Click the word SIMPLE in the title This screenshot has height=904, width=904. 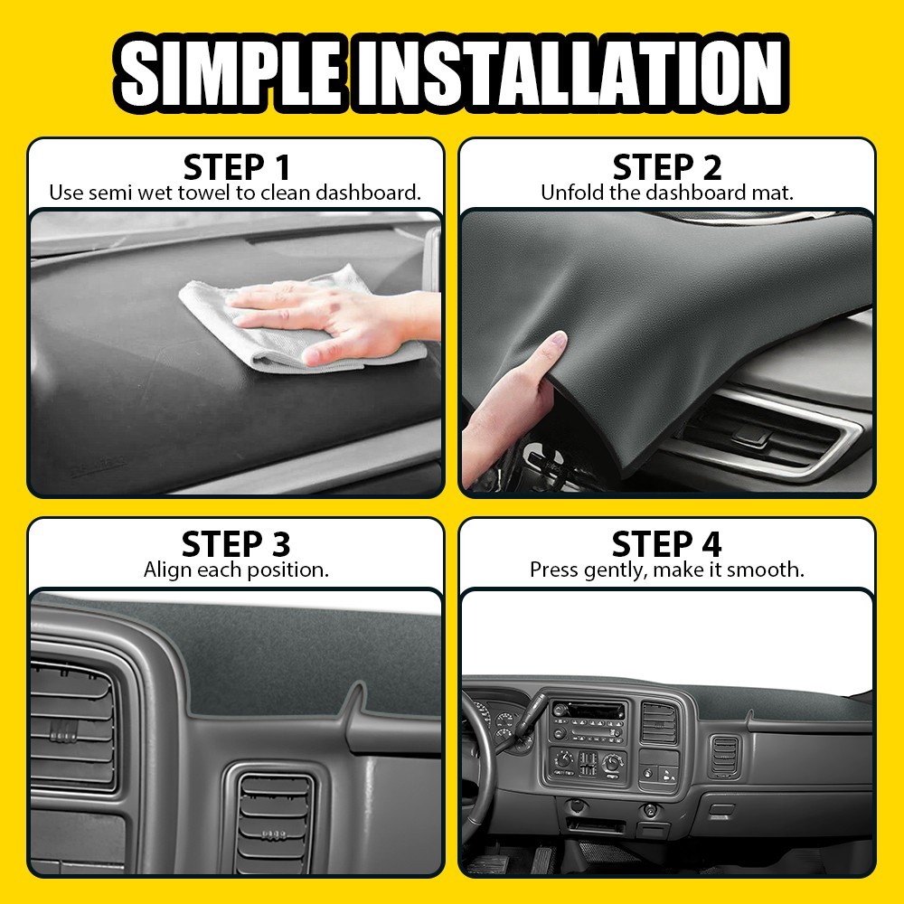232,71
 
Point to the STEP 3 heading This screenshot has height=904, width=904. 236,544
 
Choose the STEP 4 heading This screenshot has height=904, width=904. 667,544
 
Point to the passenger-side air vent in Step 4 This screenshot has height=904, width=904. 725,756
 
